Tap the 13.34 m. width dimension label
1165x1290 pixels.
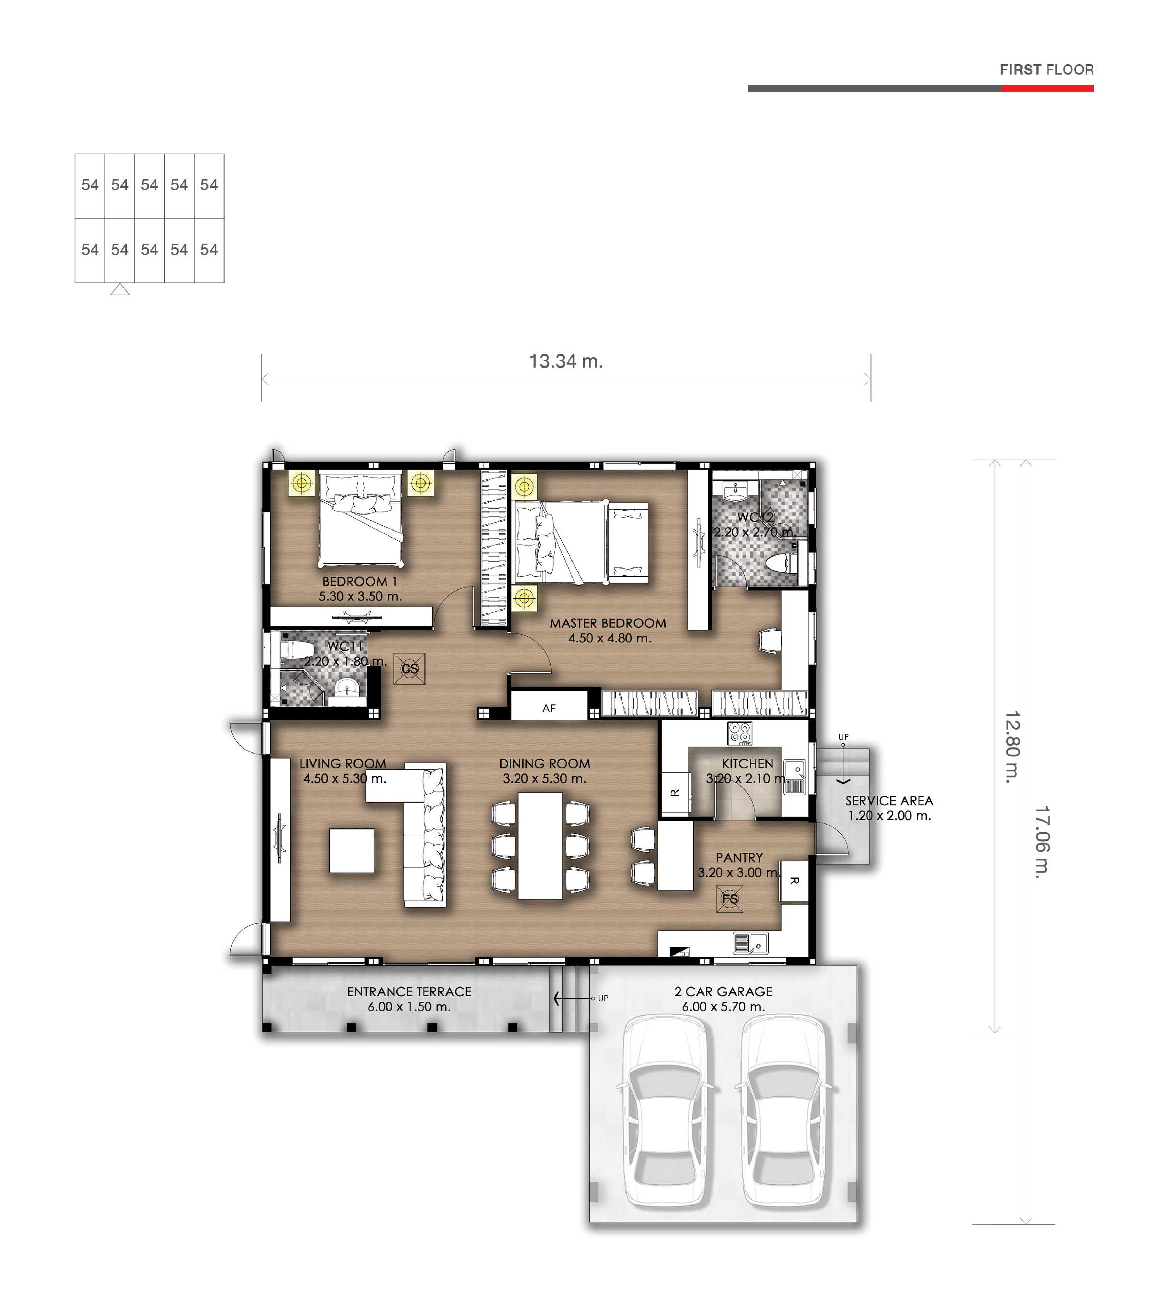566,362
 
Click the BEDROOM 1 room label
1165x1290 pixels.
359,582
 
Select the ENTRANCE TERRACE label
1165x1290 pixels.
410,992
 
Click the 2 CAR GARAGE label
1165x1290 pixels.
723,992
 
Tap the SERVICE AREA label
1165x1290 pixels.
889,801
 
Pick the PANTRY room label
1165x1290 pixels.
739,857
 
